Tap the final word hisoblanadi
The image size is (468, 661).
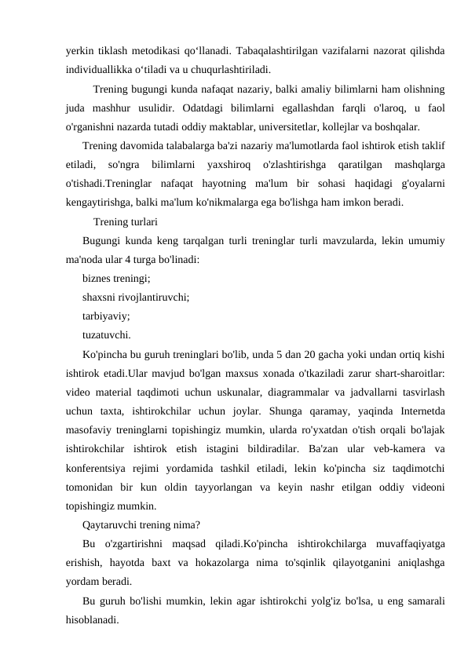93,620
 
